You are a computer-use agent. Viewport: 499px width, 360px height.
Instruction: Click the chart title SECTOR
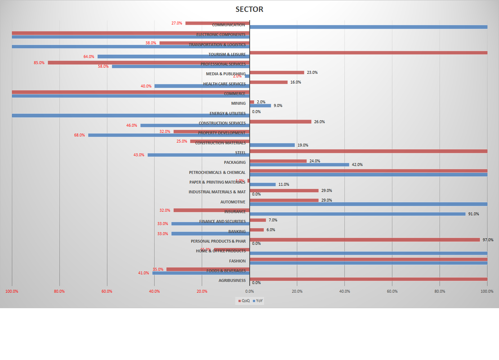coord(249,9)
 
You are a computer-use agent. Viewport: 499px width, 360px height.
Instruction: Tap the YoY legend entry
coord(258,301)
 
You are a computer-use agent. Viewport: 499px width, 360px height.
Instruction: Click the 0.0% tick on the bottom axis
coord(249,291)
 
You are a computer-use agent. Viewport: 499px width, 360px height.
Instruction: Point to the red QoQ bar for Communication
coord(202,23)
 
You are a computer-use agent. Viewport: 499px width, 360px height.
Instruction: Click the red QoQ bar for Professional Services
coord(144,63)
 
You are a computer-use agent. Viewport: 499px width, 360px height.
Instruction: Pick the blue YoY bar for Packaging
coord(299,165)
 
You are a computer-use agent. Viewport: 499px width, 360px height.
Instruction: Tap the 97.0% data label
coord(488,240)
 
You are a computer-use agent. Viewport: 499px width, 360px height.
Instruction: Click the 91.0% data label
coord(473,214)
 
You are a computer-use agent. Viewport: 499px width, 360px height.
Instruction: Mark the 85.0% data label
coord(39,63)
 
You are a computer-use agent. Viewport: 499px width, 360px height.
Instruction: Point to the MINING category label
coord(238,103)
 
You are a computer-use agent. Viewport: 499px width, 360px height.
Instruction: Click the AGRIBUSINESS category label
coord(232,280)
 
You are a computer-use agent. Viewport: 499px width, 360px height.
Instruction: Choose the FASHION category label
coord(237,261)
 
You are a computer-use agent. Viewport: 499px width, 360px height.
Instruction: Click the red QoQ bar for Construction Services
coord(280,122)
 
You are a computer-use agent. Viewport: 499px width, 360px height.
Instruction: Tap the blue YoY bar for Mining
coord(260,105)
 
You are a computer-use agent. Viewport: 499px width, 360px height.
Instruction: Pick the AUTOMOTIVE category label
coord(233,202)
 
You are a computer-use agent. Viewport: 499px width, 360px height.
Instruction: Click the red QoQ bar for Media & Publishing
coord(277,72)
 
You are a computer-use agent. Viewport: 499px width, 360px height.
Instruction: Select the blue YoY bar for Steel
coord(199,155)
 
